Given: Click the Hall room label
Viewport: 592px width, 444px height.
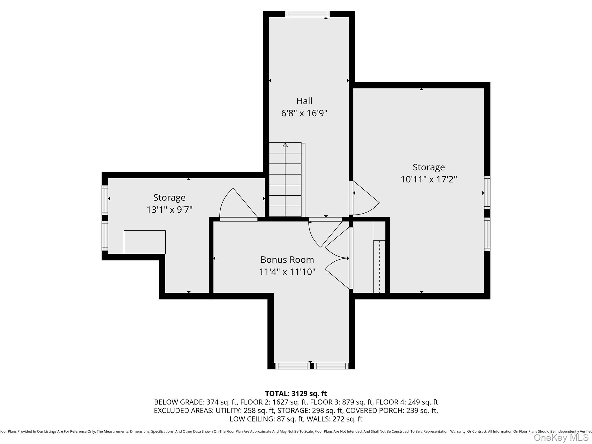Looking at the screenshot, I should pyautogui.click(x=304, y=101).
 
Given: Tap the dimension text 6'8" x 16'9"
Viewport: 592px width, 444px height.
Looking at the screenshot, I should pyautogui.click(x=304, y=113).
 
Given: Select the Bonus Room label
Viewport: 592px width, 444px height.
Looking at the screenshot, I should pyautogui.click(x=287, y=260).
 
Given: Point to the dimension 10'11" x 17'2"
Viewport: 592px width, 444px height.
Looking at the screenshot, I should pyautogui.click(x=428, y=179).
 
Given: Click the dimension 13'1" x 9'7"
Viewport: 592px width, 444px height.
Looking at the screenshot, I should pyautogui.click(x=169, y=210).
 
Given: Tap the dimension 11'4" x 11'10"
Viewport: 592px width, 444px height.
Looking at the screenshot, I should pyautogui.click(x=287, y=272).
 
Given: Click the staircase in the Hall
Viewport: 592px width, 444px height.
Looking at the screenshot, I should pyautogui.click(x=285, y=185).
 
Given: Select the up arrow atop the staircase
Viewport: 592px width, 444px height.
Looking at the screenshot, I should pyautogui.click(x=285, y=145).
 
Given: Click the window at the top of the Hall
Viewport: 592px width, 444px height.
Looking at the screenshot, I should pyautogui.click(x=307, y=14).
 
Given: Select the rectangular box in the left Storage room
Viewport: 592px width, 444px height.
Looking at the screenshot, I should pyautogui.click(x=145, y=242).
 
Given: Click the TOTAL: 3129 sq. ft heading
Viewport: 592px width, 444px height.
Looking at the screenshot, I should pyautogui.click(x=296, y=393).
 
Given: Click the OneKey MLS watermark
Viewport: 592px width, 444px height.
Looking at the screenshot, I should pyautogui.click(x=561, y=438).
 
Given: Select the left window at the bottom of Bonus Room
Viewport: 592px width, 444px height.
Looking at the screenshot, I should pyautogui.click(x=292, y=366).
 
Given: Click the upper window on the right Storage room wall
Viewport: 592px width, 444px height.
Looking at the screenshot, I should pyautogui.click(x=487, y=193).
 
